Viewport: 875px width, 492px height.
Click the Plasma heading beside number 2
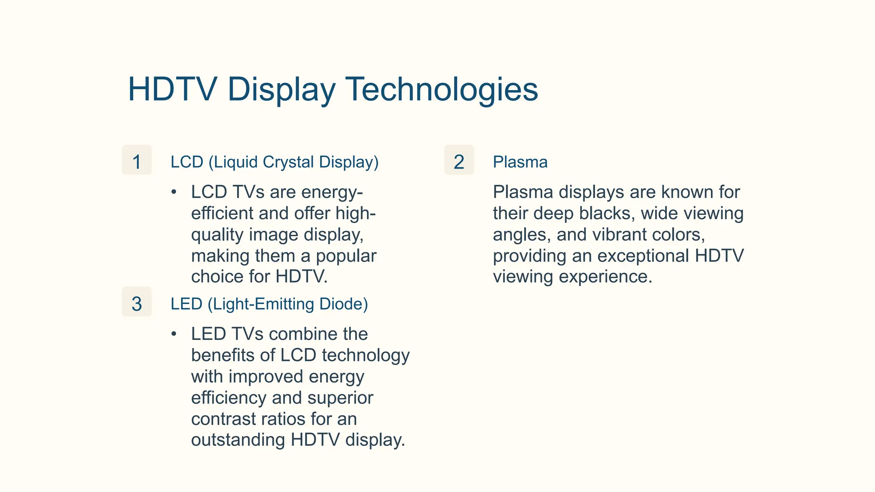(x=520, y=162)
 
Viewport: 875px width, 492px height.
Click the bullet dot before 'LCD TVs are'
(x=173, y=193)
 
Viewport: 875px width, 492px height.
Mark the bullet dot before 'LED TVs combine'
(x=173, y=334)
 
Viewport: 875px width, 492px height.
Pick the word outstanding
(x=238, y=440)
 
